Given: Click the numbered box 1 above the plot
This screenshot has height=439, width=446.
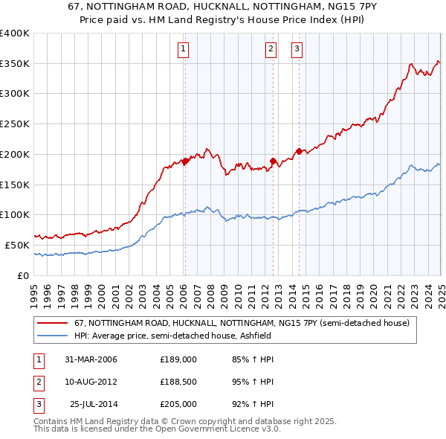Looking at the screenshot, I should [x=183, y=50].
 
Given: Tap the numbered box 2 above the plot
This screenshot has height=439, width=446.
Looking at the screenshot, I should [x=271, y=50].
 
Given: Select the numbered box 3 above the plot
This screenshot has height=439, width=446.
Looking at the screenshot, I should [x=297, y=50].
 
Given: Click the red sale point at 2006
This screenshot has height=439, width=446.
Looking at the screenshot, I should [x=185, y=161].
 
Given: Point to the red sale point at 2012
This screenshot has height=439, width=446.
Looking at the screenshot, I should [x=274, y=161].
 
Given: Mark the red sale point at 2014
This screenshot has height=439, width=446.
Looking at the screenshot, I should [x=300, y=151].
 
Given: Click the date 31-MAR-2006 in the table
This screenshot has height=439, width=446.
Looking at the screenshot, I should [x=91, y=359].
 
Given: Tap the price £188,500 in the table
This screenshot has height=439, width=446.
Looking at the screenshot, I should [x=178, y=382].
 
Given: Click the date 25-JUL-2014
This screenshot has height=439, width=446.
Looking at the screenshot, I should [x=94, y=404].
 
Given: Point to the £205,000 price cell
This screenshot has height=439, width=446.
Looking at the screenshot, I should [x=178, y=404].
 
